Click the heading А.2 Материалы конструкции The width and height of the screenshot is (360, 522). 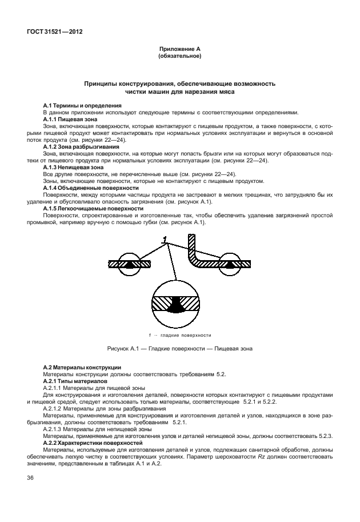tap(82, 366)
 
